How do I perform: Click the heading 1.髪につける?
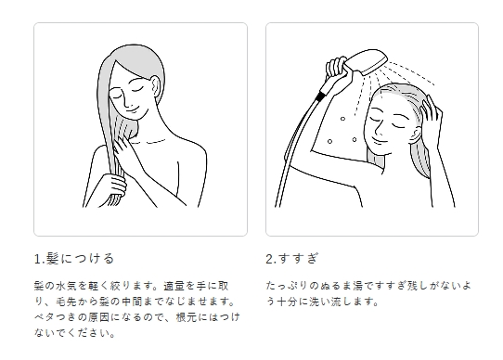point(74,259)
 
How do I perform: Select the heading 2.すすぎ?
point(292,259)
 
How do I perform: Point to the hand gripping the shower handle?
point(336,68)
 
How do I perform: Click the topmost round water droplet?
point(342,119)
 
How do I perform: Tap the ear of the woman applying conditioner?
point(156,87)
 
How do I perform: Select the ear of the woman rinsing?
point(418,135)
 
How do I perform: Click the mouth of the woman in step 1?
point(134,109)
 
